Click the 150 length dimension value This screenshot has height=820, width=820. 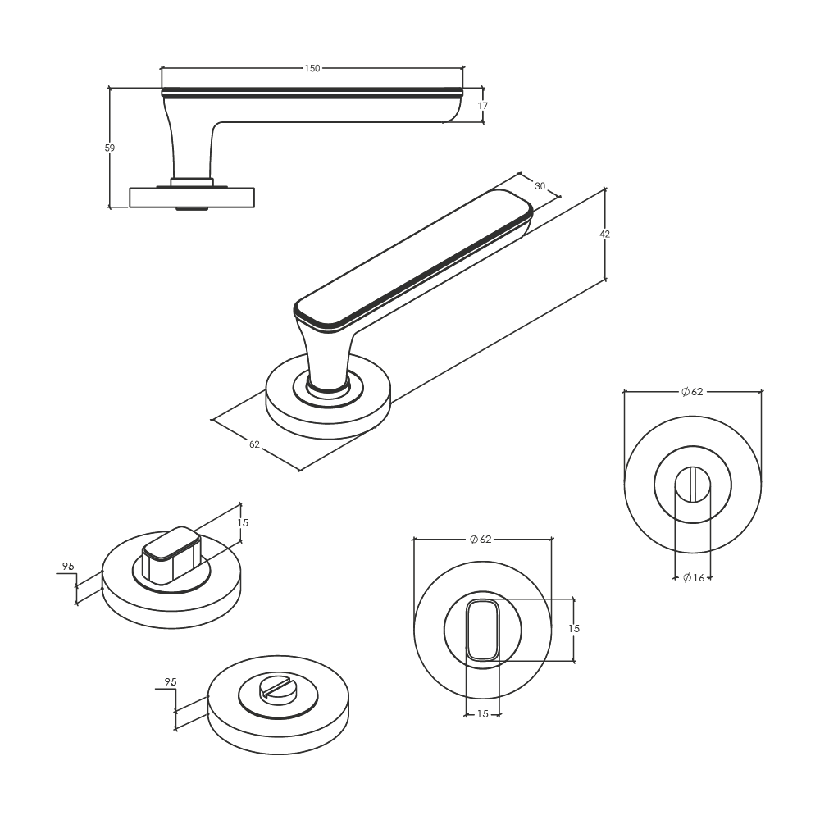[x=312, y=69]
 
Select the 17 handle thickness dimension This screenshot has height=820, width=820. [x=483, y=106]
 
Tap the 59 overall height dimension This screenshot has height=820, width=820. [x=109, y=148]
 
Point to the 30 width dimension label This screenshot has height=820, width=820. [x=540, y=186]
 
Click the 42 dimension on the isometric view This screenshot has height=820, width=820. [x=604, y=235]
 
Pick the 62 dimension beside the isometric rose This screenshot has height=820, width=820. [x=254, y=444]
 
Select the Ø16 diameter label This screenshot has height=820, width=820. [x=694, y=578]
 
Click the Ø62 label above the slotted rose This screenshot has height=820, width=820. [x=692, y=392]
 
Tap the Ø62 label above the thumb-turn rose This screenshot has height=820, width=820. [x=481, y=540]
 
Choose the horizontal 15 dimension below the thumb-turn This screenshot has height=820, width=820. [x=483, y=714]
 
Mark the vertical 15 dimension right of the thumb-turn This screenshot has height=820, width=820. [x=574, y=629]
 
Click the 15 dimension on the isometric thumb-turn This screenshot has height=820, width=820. [x=243, y=522]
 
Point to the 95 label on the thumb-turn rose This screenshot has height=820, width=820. [x=68, y=567]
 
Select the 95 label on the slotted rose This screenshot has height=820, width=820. [x=171, y=682]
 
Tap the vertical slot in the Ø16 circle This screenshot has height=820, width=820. [x=692, y=484]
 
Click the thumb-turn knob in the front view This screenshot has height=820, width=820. [x=483, y=630]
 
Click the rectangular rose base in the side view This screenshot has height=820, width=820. [x=192, y=197]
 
